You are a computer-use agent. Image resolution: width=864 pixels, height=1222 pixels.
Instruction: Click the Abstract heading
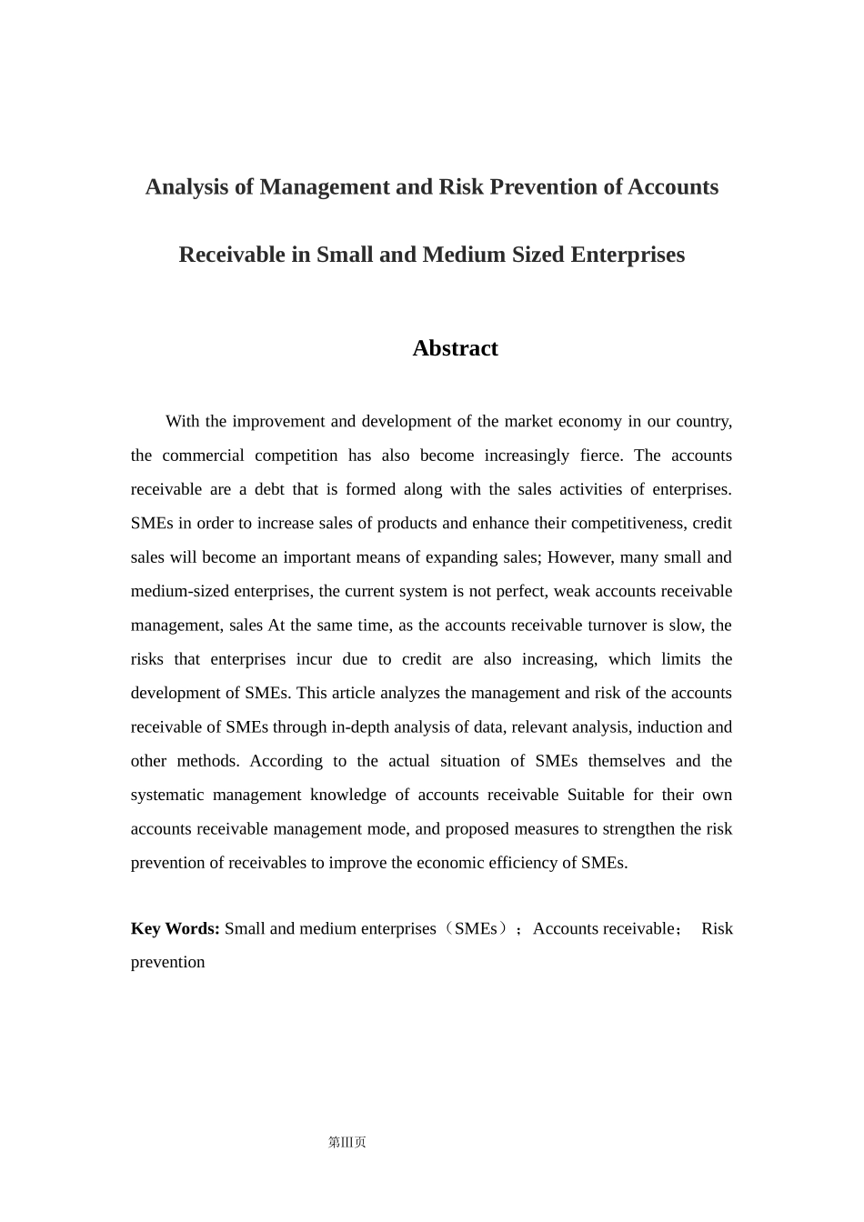[x=455, y=348]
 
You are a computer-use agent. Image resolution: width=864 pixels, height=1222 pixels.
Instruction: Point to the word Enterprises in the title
[x=628, y=255]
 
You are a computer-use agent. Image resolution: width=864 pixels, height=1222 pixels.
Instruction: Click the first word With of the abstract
[x=182, y=422]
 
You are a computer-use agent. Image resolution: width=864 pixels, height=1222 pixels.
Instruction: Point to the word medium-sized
[x=180, y=591]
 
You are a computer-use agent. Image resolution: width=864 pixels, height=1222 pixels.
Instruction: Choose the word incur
[x=314, y=659]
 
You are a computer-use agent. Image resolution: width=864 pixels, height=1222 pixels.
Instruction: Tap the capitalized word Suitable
[x=596, y=795]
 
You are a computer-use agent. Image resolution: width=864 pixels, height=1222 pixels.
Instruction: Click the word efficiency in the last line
[x=513, y=863]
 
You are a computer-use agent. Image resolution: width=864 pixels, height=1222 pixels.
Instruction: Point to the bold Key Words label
[x=176, y=928]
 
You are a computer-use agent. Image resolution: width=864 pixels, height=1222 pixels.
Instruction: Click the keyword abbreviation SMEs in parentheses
[x=476, y=928]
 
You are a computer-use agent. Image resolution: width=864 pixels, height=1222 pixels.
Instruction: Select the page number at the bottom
[x=347, y=1143]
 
